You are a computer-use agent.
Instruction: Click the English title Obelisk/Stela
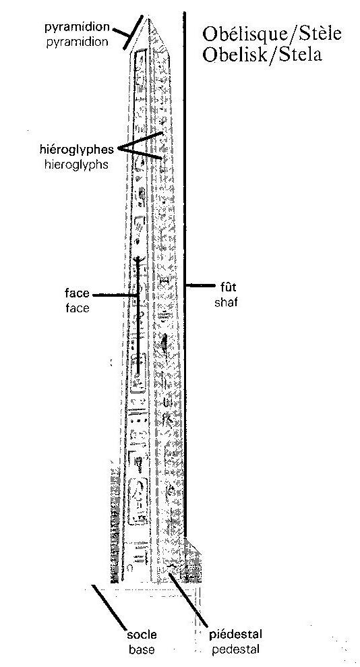point(262,55)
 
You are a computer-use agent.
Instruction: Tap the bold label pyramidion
point(78,28)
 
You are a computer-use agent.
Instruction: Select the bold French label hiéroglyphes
point(76,150)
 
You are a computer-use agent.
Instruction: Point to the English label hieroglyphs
point(76,165)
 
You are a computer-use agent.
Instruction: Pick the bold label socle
point(142,635)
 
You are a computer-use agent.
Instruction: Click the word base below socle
point(142,650)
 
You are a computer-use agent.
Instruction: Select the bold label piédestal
point(235,635)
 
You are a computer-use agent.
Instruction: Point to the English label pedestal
point(235,650)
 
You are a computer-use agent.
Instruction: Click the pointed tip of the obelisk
point(148,18)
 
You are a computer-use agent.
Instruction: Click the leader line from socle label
point(109,607)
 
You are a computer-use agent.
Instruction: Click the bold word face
point(78,293)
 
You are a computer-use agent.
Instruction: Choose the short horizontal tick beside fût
point(200,286)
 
